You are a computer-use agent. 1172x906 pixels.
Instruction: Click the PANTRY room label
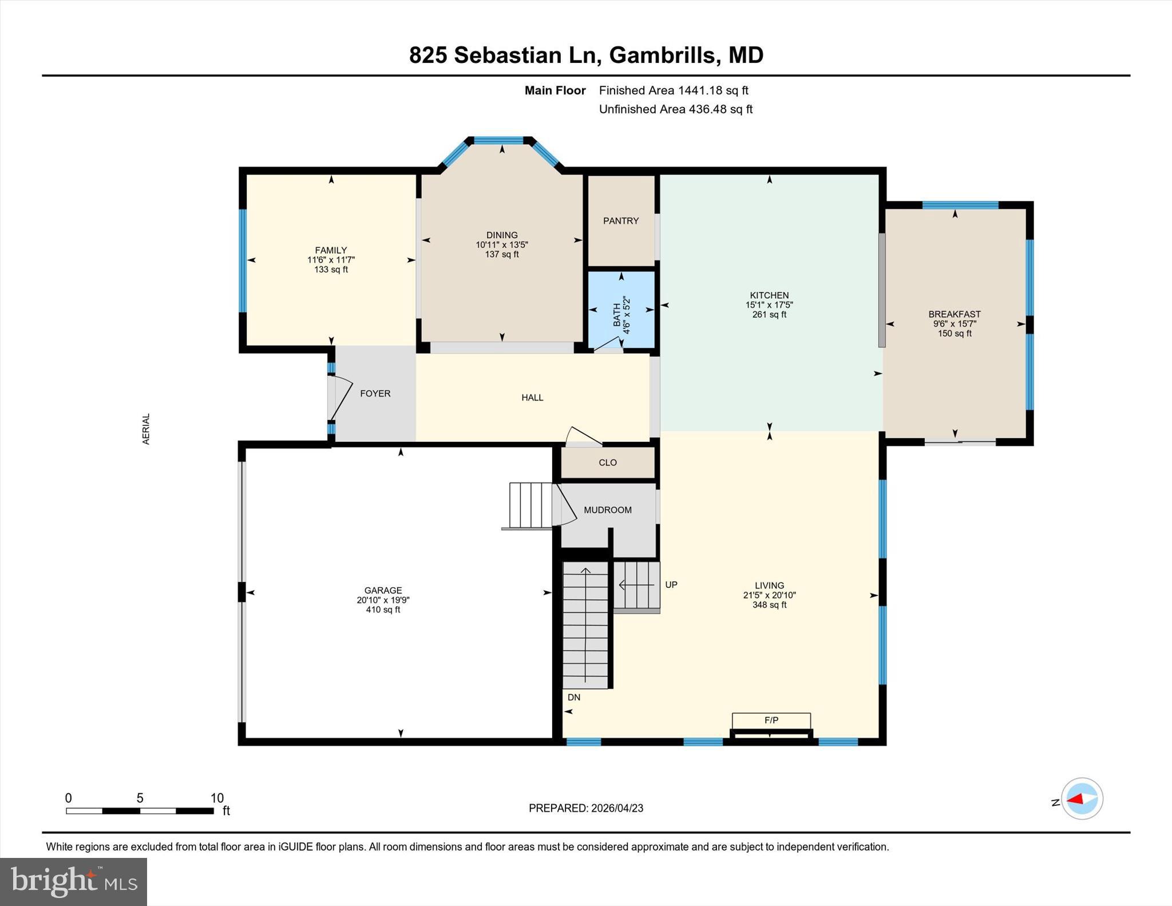(x=621, y=221)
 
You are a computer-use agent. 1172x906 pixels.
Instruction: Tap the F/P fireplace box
(x=771, y=721)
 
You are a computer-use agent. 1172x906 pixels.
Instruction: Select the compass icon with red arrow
(x=1082, y=798)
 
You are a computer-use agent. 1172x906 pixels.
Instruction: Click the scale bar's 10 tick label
(x=217, y=798)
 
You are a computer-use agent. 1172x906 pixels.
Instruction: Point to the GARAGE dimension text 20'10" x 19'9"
(x=383, y=600)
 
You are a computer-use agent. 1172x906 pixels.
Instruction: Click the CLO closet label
(x=607, y=462)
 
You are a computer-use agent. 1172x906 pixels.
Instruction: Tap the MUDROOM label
(x=607, y=510)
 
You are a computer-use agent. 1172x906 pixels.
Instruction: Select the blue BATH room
(x=621, y=310)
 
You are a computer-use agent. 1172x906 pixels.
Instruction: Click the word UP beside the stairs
(x=671, y=585)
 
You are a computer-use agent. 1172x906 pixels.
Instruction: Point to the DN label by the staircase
(x=574, y=697)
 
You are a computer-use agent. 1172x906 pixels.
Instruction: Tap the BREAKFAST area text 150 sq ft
(x=954, y=334)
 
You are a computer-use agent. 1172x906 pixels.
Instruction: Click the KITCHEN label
(x=769, y=295)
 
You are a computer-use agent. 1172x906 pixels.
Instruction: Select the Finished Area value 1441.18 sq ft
(x=713, y=90)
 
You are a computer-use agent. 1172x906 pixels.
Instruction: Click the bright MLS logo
(x=73, y=881)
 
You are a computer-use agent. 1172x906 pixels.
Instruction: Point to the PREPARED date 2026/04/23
(x=617, y=808)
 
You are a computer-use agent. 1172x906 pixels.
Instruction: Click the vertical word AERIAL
(x=146, y=429)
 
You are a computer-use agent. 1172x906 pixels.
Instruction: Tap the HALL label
(x=532, y=398)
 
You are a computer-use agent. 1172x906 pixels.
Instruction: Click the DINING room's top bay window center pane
(x=498, y=140)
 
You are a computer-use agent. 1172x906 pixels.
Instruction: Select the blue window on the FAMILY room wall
(x=243, y=260)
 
